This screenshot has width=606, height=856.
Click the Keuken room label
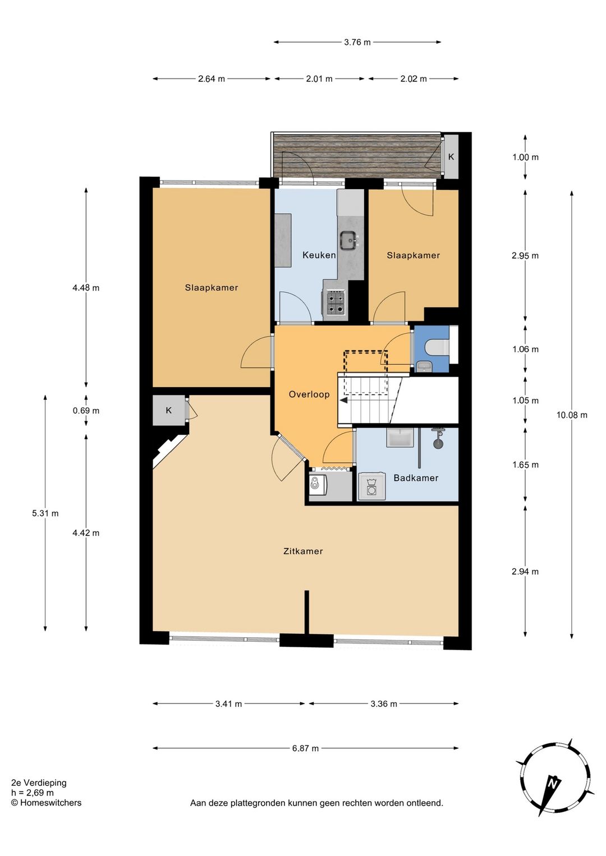[x=319, y=255]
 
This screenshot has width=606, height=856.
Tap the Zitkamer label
[x=303, y=551]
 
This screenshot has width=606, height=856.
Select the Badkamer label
[x=416, y=478]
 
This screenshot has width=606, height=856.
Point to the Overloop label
[x=309, y=394]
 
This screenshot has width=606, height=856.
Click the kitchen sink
[x=348, y=241]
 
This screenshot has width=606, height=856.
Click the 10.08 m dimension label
[x=572, y=415]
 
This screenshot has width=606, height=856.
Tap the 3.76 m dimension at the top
[x=357, y=43]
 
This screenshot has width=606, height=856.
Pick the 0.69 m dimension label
[x=86, y=411]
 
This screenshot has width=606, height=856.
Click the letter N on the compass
[x=552, y=784]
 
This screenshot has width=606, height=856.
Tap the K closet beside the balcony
[x=451, y=157]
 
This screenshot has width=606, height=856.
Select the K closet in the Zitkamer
[x=168, y=410]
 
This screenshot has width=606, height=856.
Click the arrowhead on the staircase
[x=343, y=400]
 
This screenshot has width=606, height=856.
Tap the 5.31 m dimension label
[x=45, y=513]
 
